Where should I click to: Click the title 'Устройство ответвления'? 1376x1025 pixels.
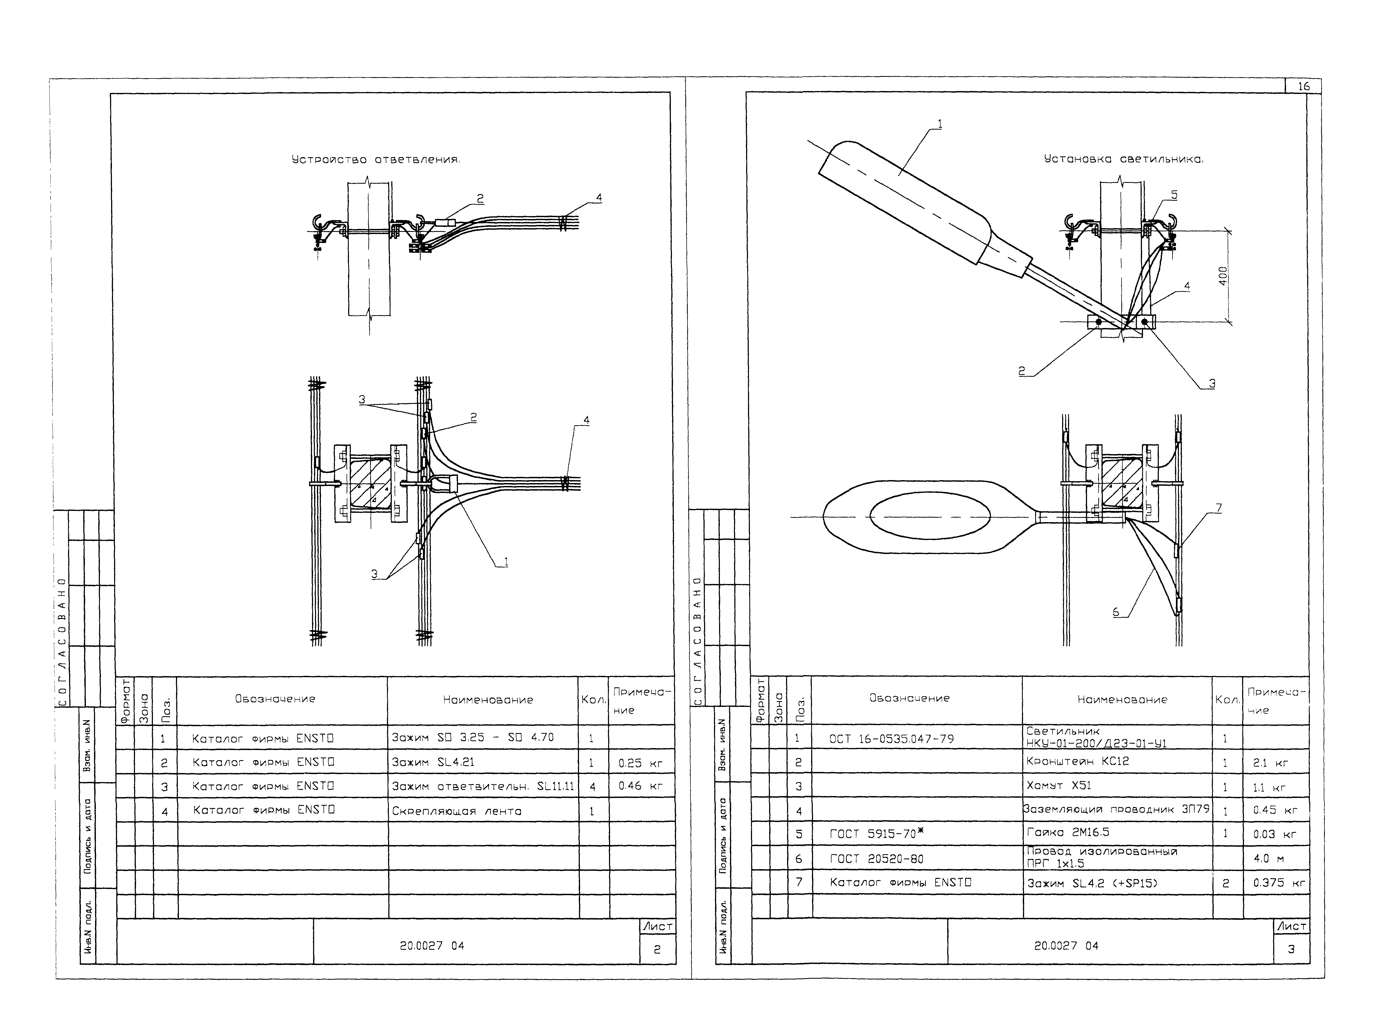(376, 160)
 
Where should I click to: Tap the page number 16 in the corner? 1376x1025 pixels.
(1303, 86)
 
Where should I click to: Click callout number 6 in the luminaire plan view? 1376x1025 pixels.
(1115, 612)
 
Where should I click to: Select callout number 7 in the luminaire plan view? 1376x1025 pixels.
(1219, 508)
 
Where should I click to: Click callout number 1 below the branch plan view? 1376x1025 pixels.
(506, 562)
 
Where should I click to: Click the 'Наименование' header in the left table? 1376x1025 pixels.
(488, 700)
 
